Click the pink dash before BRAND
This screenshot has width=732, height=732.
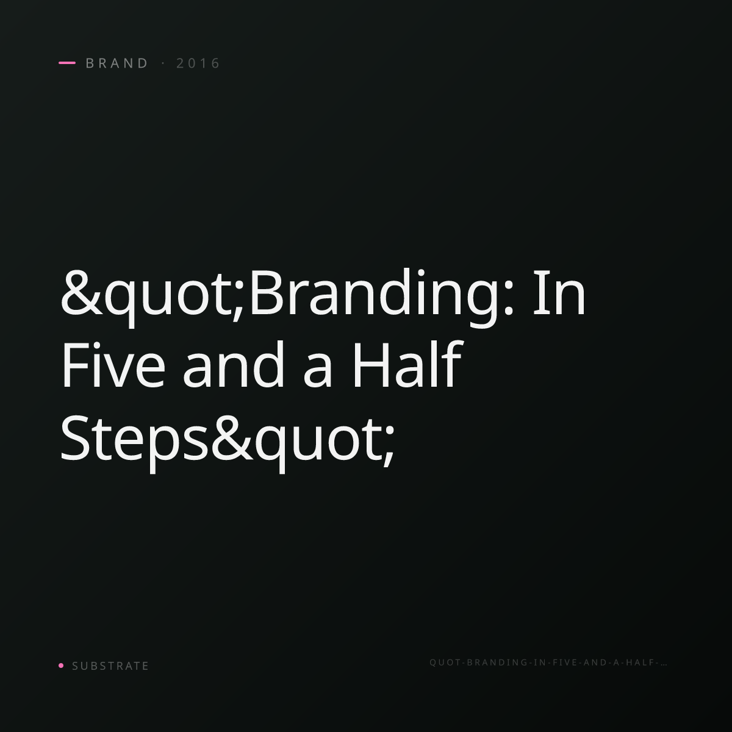[x=67, y=63]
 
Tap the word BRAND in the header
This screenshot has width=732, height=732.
[x=117, y=63]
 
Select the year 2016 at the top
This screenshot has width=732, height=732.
[x=198, y=63]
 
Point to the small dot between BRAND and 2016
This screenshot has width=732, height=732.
[x=163, y=63]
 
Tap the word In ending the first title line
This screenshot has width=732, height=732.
[x=559, y=293]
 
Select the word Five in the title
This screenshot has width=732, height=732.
[x=113, y=365]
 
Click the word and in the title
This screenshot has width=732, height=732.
[x=234, y=365]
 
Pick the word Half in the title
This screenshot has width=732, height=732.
[x=407, y=364]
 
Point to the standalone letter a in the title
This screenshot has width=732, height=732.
[x=318, y=371]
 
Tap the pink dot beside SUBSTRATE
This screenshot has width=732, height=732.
[x=61, y=665]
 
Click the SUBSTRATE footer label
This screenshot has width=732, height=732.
[x=110, y=666]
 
